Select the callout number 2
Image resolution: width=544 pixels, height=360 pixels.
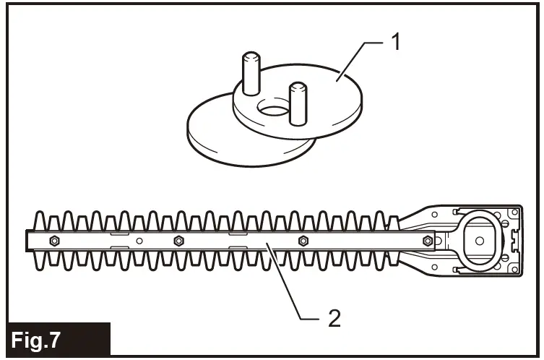click(x=333, y=317)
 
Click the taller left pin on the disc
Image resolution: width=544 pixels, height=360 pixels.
click(x=249, y=73)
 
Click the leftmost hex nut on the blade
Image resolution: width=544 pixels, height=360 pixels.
click(x=53, y=240)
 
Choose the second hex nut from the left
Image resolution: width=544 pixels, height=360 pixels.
click(x=178, y=240)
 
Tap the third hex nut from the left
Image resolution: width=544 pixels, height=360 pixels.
click(x=303, y=240)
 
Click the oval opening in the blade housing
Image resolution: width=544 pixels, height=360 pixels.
click(x=477, y=239)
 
